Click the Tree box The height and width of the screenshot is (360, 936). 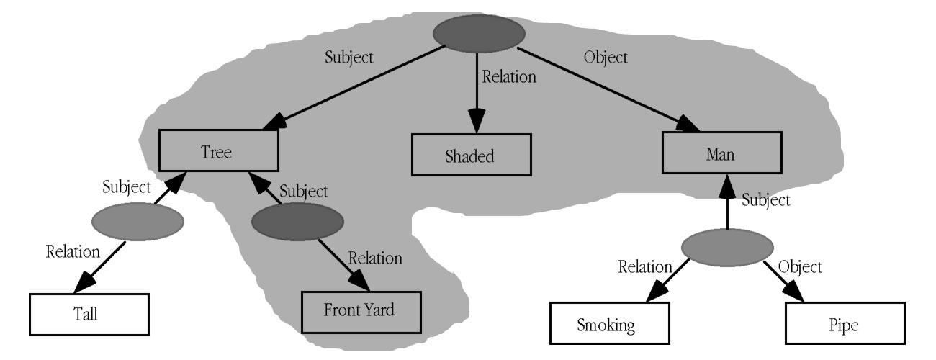pyautogui.click(x=218, y=151)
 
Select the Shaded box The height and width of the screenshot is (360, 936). pyautogui.click(x=472, y=156)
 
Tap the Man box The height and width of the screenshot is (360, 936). pyautogui.click(x=721, y=153)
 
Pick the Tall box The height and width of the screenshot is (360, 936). pyautogui.click(x=89, y=315)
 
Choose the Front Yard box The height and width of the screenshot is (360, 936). pyautogui.click(x=359, y=311)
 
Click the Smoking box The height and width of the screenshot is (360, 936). pyautogui.click(x=606, y=324)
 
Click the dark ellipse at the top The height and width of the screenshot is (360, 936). pyautogui.click(x=479, y=33)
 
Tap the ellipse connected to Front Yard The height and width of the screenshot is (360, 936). pyautogui.click(x=297, y=222)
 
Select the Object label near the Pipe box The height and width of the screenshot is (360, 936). pyautogui.click(x=801, y=267)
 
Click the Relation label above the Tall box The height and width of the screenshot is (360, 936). pyautogui.click(x=73, y=251)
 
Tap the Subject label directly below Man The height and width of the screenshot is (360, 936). pyautogui.click(x=765, y=199)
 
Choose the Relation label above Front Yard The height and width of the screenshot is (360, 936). pyautogui.click(x=375, y=258)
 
